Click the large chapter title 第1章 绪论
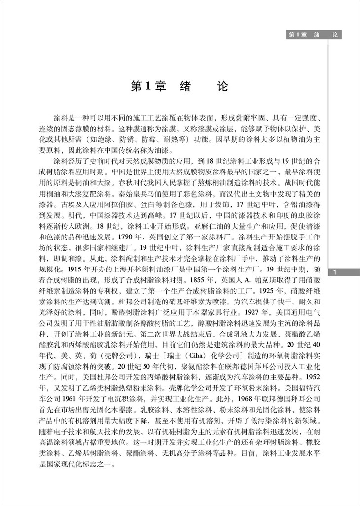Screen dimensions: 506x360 click(x=180, y=86)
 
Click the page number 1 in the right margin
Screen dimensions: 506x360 click(x=335, y=272)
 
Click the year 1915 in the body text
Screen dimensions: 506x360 click(x=66, y=270)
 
